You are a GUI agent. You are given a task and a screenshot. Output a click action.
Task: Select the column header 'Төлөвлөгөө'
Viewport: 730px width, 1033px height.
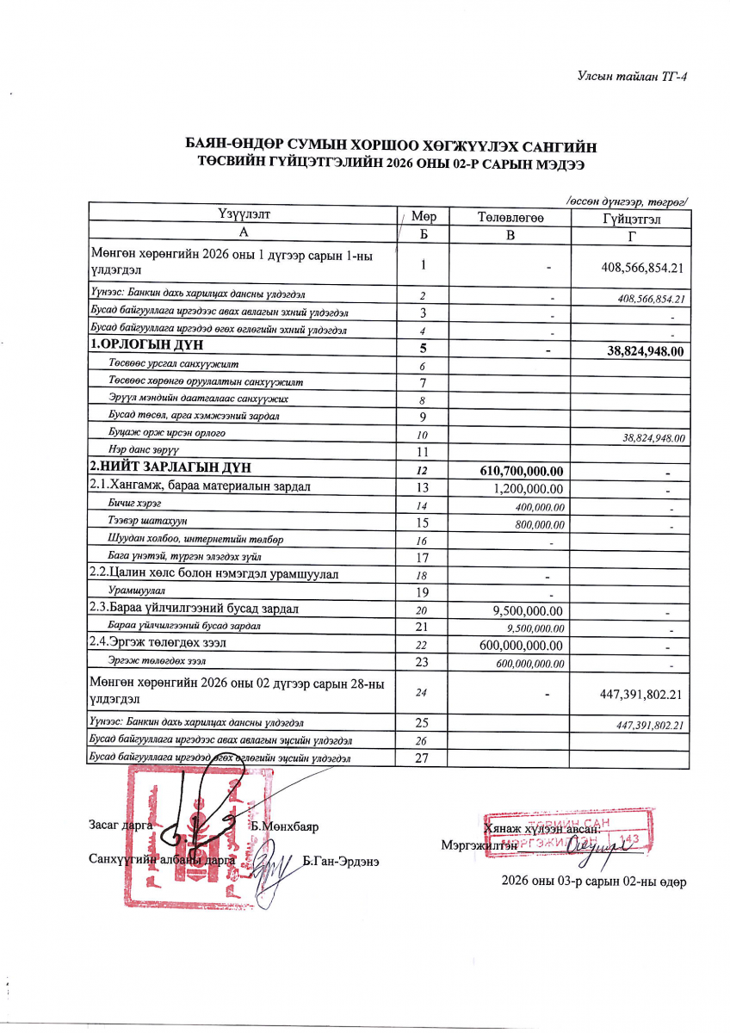tap(510, 218)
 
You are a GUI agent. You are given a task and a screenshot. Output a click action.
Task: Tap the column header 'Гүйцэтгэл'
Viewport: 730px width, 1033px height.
tap(632, 220)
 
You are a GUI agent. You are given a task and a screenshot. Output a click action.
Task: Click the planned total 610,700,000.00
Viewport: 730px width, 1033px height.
tap(521, 471)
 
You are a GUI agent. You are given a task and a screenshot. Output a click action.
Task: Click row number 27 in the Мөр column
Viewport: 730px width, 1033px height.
tap(423, 758)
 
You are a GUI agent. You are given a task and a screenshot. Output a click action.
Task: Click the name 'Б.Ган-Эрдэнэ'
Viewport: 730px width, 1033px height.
tap(342, 861)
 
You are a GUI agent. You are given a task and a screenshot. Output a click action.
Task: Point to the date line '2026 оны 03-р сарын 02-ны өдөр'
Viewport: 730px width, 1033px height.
tap(594, 881)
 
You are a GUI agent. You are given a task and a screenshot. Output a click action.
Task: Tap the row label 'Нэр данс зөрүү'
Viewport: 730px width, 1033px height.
tap(143, 450)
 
